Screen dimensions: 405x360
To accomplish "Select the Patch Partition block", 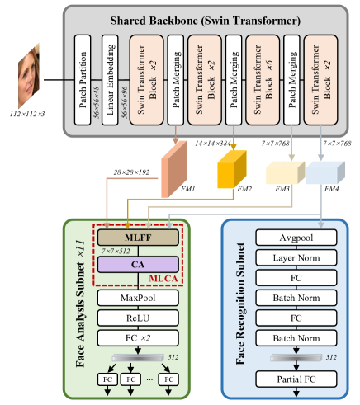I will [81, 80].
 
